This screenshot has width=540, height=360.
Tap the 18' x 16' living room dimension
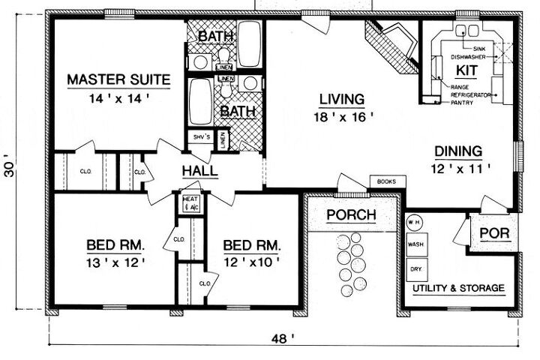coord(341,116)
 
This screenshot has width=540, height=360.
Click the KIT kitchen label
coord(467,70)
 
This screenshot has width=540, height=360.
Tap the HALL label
coord(199,171)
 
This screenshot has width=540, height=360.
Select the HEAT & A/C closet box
coord(190,202)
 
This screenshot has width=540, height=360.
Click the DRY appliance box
coord(415,267)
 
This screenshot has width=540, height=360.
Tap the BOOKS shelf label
coord(387,181)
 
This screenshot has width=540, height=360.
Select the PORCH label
coord(351,215)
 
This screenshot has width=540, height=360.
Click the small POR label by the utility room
coord(494,233)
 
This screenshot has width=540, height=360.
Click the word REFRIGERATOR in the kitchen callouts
coord(470,95)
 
